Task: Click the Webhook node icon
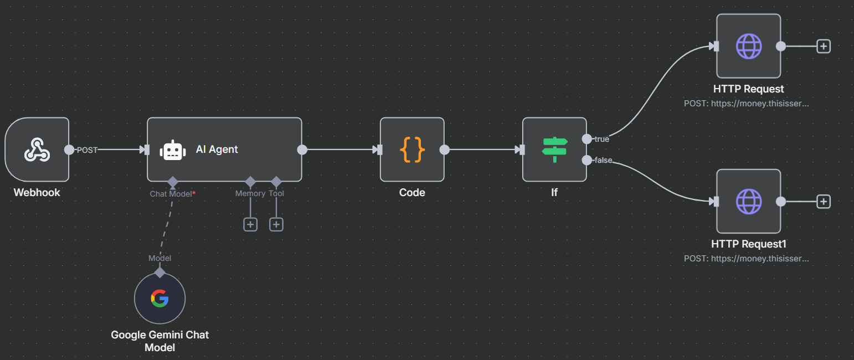coord(37,150)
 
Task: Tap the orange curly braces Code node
coord(412,150)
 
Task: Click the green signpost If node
coord(554,150)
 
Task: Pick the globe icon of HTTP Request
coord(749,46)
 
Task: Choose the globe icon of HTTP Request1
coord(749,201)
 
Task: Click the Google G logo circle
coord(160,299)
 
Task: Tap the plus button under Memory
coord(250,224)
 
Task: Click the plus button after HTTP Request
coord(824,46)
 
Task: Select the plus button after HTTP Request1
coord(824,202)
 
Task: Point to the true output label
coord(601,139)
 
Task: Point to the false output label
coord(603,161)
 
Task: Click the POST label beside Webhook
coord(87,150)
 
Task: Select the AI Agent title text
coord(217,150)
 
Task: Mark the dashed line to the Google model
coord(166,227)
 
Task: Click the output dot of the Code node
coord(444,150)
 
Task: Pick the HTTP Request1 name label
coord(749,244)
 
